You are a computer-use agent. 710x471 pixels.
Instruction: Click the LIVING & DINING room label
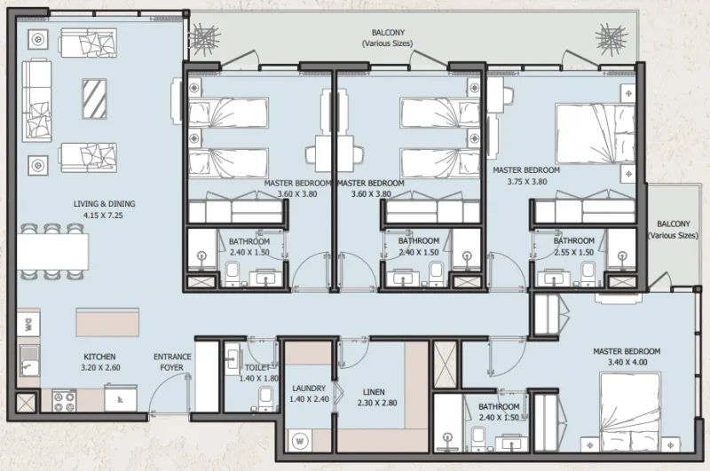click(104, 203)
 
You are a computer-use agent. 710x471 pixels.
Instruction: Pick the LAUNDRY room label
click(309, 389)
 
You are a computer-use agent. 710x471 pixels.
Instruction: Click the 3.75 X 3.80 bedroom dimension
click(526, 181)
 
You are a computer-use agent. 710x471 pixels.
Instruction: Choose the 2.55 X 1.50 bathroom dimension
click(573, 252)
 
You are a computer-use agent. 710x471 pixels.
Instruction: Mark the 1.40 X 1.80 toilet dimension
click(259, 378)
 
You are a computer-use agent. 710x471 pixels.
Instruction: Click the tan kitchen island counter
click(107, 321)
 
